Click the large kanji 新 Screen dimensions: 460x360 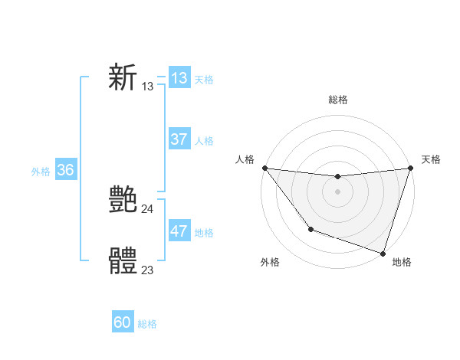[x=123, y=78]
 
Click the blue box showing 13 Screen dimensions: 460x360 [x=179, y=78]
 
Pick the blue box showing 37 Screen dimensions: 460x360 [x=179, y=139]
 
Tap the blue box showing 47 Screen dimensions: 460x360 [x=179, y=231]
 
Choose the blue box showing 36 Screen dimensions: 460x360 [x=65, y=170]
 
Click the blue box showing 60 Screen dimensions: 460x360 [x=123, y=322]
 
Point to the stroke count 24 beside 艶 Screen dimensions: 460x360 [x=147, y=209]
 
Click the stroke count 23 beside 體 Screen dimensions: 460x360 [x=147, y=270]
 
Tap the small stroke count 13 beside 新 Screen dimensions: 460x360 [x=147, y=87]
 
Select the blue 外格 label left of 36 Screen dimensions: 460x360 [x=41, y=172]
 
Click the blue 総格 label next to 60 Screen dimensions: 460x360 [x=147, y=324]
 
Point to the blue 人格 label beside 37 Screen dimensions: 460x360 [x=204, y=141]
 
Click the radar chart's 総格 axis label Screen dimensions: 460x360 [x=337, y=100]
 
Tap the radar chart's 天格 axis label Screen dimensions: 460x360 [x=431, y=159]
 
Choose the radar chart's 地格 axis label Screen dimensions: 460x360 [x=402, y=262]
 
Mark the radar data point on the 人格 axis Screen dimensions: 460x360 [x=264, y=168]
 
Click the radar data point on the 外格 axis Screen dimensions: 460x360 [x=310, y=229]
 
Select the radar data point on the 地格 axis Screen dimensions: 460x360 [x=383, y=253]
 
